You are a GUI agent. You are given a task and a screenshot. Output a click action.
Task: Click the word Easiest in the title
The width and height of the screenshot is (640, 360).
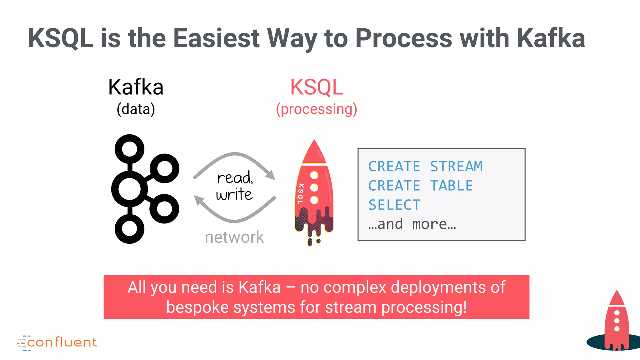pos(216,38)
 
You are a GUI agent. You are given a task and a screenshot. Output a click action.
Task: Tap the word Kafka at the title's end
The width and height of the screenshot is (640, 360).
pos(551,38)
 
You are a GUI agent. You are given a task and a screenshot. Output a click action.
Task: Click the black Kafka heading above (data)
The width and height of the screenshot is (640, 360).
pos(136,87)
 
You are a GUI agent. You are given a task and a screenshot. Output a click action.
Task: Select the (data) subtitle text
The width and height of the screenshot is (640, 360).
pos(136,109)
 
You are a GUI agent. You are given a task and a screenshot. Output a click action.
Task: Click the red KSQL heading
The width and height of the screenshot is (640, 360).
pos(317,87)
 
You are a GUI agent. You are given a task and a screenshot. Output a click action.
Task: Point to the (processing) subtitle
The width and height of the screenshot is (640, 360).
pos(316,109)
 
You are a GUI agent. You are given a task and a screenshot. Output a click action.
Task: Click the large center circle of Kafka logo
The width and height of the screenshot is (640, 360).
pos(129,189)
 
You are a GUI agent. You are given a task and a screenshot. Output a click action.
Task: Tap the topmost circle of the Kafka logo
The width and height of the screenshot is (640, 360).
pos(129,149)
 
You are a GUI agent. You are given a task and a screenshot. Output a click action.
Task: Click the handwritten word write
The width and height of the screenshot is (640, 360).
pos(234,195)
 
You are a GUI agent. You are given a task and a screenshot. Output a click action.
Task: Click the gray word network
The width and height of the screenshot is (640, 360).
pos(234,237)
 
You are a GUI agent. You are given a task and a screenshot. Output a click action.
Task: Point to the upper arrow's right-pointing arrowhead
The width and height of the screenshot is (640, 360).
pos(271,175)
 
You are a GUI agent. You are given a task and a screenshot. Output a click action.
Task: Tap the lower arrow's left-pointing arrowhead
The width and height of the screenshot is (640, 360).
pos(199,200)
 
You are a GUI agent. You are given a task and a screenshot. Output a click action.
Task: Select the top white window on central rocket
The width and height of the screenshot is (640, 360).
pos(314,175)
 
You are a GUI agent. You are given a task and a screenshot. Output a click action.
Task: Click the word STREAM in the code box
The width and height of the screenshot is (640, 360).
pos(456,167)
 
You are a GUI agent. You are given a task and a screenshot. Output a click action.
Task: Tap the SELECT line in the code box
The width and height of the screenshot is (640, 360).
pos(394,205)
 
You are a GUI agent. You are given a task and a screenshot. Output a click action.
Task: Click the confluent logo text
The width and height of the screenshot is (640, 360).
pos(62,342)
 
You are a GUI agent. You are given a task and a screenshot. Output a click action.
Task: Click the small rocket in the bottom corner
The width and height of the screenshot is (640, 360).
pos(617,322)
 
